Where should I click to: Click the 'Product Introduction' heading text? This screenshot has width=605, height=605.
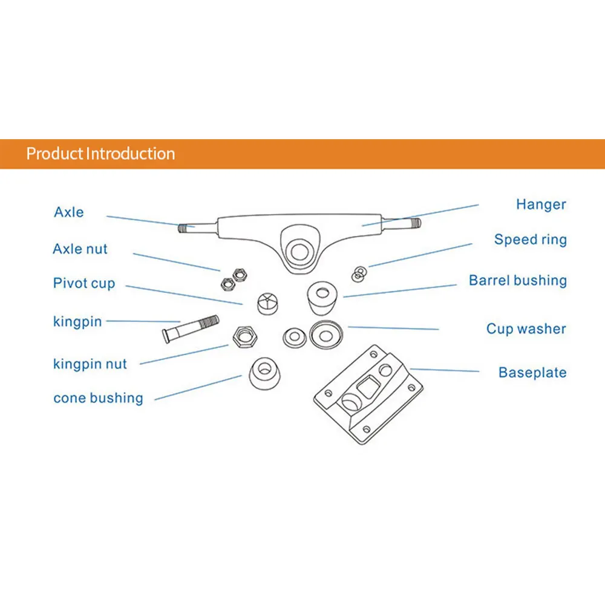tap(100, 154)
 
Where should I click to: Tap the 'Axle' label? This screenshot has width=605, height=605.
tap(69, 212)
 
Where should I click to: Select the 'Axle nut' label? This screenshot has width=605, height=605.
tap(80, 249)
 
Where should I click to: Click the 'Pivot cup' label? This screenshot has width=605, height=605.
tap(83, 283)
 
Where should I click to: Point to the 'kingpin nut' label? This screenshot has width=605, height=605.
tap(90, 364)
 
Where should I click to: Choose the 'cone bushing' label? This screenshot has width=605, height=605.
tap(98, 398)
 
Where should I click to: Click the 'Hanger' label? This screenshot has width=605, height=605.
tap(541, 204)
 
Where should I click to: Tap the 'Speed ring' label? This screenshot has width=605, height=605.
tap(531, 240)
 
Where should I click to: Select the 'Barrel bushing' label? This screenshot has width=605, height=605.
tap(518, 281)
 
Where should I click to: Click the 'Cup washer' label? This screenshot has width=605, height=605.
tap(526, 329)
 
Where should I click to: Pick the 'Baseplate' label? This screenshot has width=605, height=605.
tap(532, 373)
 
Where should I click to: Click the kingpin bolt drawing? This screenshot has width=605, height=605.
tap(190, 329)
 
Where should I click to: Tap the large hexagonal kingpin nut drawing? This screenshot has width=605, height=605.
tap(245, 336)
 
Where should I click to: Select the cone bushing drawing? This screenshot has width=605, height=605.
tap(265, 373)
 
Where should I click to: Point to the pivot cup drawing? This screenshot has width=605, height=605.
tap(267, 304)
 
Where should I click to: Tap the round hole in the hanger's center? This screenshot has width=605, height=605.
tap(300, 251)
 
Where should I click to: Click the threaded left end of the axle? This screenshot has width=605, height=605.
tap(182, 228)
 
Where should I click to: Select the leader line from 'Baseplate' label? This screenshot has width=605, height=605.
tap(445, 370)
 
